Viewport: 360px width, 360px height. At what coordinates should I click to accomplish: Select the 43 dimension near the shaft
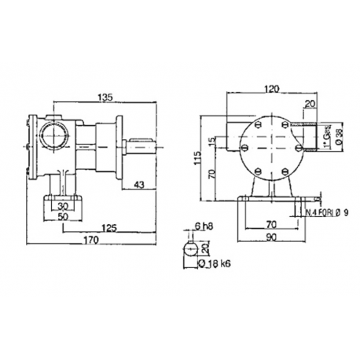point(139,186)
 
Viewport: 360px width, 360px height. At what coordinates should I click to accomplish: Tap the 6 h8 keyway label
point(204,226)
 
